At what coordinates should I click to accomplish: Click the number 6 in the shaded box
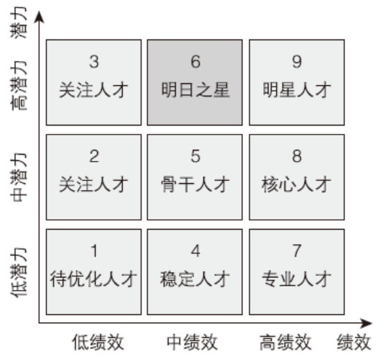tap(196, 61)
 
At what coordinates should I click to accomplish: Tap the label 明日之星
tap(195, 89)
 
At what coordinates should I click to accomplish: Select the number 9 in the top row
tap(297, 61)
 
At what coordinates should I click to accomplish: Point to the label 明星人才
tap(297, 89)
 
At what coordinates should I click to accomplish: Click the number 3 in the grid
tap(94, 61)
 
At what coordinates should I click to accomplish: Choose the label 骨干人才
tap(195, 185)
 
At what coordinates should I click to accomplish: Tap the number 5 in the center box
tap(196, 156)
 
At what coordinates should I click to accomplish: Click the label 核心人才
tap(297, 185)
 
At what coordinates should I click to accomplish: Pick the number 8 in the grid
tap(297, 156)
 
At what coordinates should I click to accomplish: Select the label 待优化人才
tap(93, 279)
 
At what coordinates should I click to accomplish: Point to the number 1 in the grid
tap(94, 250)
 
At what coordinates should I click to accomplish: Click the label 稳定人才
tap(195, 279)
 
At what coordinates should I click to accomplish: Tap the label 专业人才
tap(297, 279)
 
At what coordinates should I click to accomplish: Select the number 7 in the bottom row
tap(297, 250)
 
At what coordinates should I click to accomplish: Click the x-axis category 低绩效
tap(98, 342)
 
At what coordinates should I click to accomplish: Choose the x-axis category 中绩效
tap(192, 342)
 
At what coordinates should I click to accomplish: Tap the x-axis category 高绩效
tap(285, 342)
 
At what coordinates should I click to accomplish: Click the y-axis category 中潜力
tap(19, 178)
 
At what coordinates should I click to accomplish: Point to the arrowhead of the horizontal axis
tap(367, 323)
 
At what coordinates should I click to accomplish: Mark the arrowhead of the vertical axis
tap(39, 17)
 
